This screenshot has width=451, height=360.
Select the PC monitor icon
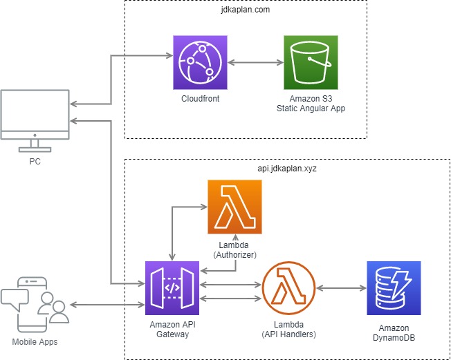tap(34, 121)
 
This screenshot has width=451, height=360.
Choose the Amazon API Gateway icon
tap(172, 287)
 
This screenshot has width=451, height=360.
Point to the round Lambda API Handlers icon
tap(289, 287)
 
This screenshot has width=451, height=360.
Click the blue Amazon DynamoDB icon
tap(394, 287)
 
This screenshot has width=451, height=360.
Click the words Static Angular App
tap(311, 108)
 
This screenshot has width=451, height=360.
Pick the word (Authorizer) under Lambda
tap(234, 254)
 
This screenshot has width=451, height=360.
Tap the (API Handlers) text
tap(289, 334)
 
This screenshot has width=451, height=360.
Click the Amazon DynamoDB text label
tap(394, 333)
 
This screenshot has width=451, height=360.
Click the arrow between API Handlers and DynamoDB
tap(341, 287)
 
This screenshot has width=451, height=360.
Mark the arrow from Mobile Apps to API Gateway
tap(107, 305)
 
